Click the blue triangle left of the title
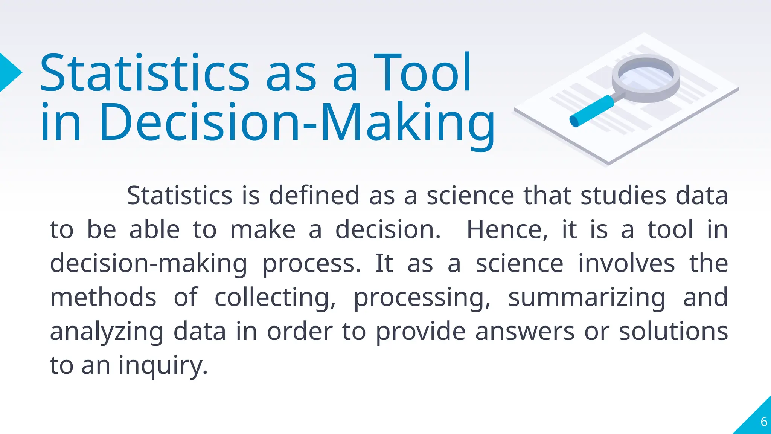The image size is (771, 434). tap(9, 72)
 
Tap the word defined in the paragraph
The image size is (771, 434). tap(314, 196)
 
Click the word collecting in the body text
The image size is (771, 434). tap(275, 298)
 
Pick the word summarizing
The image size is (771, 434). tap(587, 298)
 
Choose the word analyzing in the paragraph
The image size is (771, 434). tap(107, 332)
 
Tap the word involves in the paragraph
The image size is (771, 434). tap(626, 263)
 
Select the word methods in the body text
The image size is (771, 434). tap(103, 297)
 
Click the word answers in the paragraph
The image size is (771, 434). tap(525, 332)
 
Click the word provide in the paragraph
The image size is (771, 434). tap(421, 332)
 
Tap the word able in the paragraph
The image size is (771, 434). tap(154, 229)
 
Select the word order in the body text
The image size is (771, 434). tap(300, 332)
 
